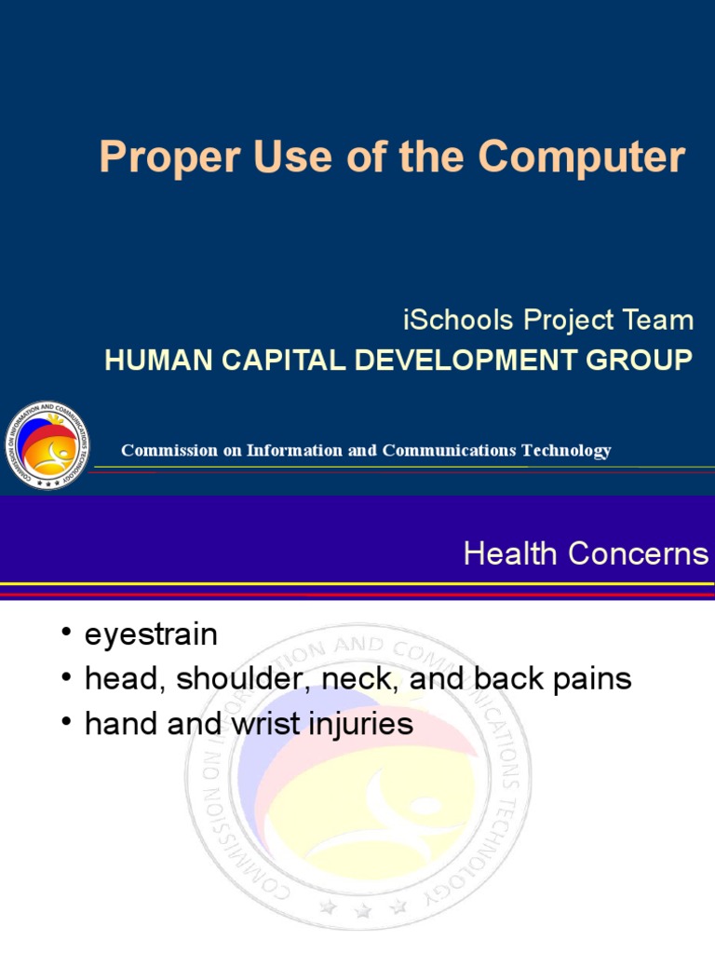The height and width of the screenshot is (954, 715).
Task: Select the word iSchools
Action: pyautogui.click(x=458, y=320)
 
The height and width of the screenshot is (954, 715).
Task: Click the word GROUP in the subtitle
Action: pyautogui.click(x=639, y=360)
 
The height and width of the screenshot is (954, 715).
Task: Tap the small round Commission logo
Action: pyautogui.click(x=47, y=444)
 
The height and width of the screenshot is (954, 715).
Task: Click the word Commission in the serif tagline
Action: pyautogui.click(x=169, y=450)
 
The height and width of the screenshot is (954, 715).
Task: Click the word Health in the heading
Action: pyautogui.click(x=510, y=553)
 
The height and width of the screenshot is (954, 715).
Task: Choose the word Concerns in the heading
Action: pyautogui.click(x=639, y=553)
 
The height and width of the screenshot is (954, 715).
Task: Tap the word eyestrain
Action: pyautogui.click(x=151, y=635)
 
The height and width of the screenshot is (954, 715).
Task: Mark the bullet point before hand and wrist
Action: pyautogui.click(x=66, y=721)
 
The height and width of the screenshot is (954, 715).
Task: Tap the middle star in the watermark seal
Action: pyautogui.click(x=363, y=911)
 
